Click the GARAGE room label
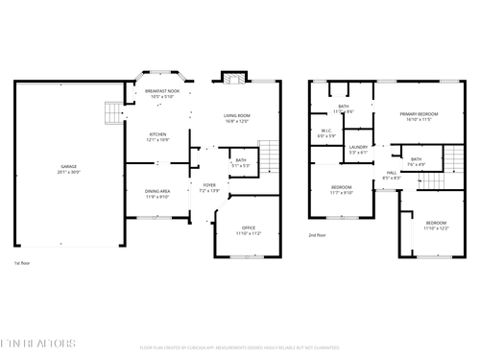[x=69, y=166]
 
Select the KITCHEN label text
[x=157, y=134]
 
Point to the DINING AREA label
[x=157, y=191]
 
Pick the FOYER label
[x=209, y=185]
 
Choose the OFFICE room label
[x=249, y=228]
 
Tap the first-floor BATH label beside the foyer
[x=241, y=160]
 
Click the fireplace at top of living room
[x=231, y=77]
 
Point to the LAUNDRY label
[x=359, y=147]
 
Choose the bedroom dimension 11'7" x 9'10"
[x=341, y=192]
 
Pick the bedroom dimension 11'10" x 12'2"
[x=436, y=228]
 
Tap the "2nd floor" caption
[x=317, y=234]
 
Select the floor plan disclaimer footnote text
[x=240, y=347]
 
